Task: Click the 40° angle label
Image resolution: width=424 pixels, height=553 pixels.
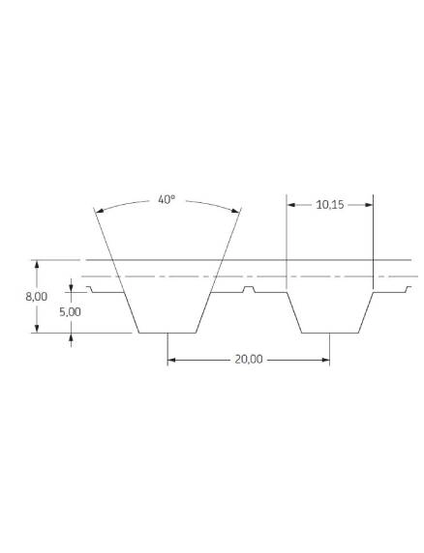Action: [x=167, y=200]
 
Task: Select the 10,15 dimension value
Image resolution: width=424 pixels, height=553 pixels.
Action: [x=330, y=205]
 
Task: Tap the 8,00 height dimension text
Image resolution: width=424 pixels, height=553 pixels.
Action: [x=37, y=297]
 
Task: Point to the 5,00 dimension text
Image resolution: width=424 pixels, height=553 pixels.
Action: [x=70, y=312]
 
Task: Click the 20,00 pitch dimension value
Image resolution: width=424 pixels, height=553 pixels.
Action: [x=249, y=360]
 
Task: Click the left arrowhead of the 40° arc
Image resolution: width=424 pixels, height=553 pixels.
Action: [x=100, y=211]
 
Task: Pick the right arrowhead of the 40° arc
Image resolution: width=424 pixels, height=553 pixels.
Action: [x=235, y=211]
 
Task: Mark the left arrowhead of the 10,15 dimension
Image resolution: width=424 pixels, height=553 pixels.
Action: [x=291, y=205]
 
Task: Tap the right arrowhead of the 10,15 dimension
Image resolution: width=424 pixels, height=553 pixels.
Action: [x=369, y=205]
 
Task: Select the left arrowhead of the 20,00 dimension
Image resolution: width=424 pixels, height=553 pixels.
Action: [x=172, y=360]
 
